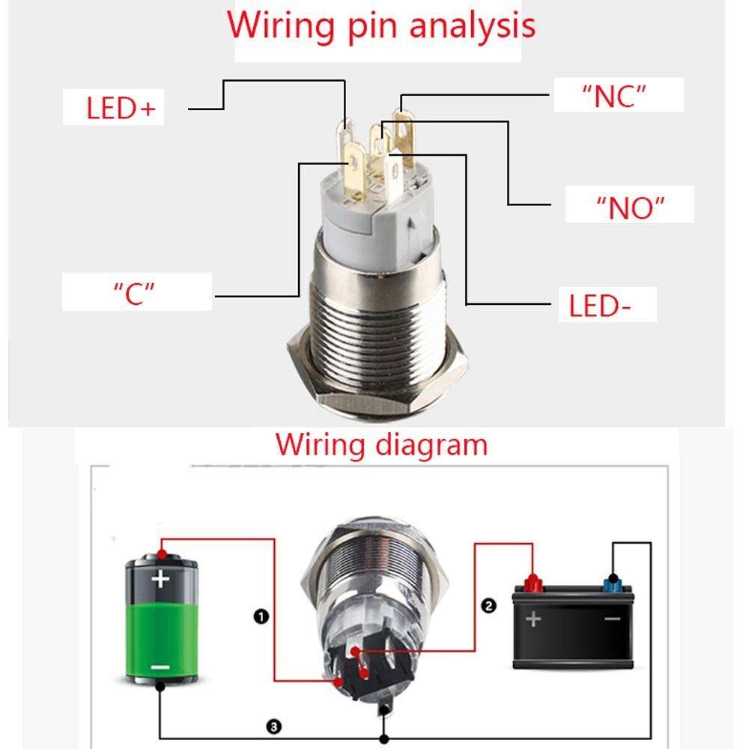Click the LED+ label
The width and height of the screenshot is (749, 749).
(121, 109)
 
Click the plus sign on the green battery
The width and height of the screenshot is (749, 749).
(160, 579)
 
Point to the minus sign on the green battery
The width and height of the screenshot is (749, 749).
(160, 666)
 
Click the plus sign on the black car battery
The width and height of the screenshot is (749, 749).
(533, 619)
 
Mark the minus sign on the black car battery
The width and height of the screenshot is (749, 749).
(612, 619)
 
